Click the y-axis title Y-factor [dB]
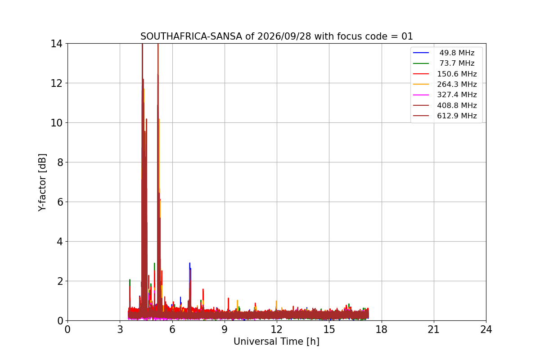[42, 183]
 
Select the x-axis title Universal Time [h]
[276, 342]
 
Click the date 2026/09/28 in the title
[284, 36]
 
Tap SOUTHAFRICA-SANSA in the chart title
[191, 36]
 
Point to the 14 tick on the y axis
[56, 44]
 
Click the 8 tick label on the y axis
[60, 162]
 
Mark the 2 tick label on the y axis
[60, 281]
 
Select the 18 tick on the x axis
[382, 329]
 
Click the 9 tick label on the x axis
[225, 329]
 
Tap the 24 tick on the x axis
[486, 329]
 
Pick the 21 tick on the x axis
[434, 329]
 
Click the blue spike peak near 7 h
[190, 263]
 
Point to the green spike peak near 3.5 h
[130, 280]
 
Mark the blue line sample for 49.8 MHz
[421, 53]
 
